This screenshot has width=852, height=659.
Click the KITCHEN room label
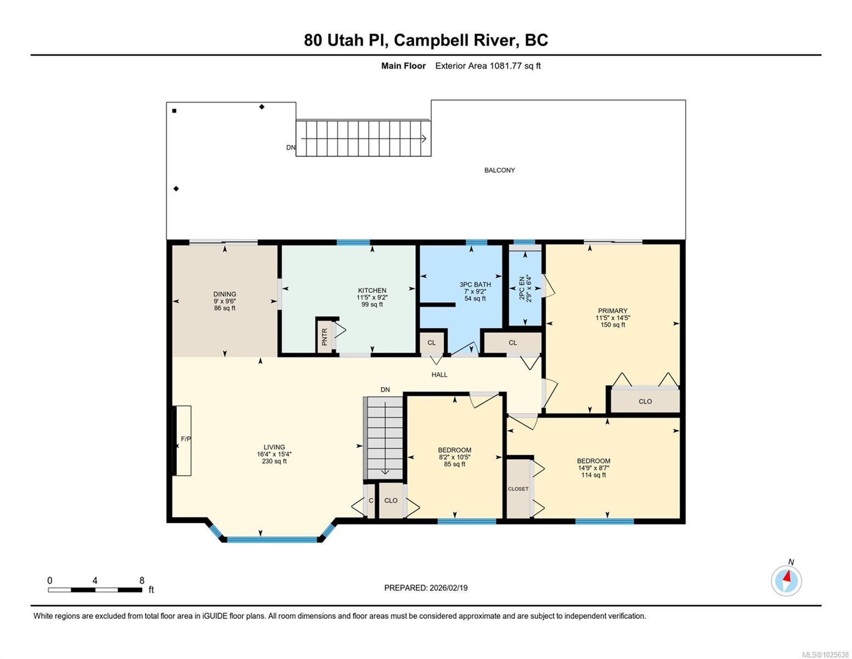pyautogui.click(x=372, y=291)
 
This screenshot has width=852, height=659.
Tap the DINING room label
pyautogui.click(x=225, y=294)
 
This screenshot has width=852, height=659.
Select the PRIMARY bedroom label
pyautogui.click(x=612, y=310)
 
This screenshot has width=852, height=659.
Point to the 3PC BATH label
pyautogui.click(x=475, y=284)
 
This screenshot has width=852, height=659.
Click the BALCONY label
pyautogui.click(x=500, y=170)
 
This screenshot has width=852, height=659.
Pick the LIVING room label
pyautogui.click(x=274, y=447)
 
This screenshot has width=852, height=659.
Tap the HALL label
pyautogui.click(x=439, y=375)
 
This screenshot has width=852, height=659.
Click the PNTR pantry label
pyautogui.click(x=324, y=337)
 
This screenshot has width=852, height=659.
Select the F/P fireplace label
pyautogui.click(x=186, y=439)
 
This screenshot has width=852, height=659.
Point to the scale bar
pyautogui.click(x=95, y=590)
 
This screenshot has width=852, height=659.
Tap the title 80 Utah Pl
pyautogui.click(x=346, y=40)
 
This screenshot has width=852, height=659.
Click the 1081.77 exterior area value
pyautogui.click(x=505, y=66)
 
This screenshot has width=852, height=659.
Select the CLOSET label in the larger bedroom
pyautogui.click(x=518, y=489)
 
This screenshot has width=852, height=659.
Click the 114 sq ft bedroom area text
pyautogui.click(x=593, y=475)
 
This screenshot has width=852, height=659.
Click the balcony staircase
pyautogui.click(x=363, y=138)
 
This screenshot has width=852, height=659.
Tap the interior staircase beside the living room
pyautogui.click(x=385, y=438)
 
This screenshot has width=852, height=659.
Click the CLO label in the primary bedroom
pyautogui.click(x=645, y=401)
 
